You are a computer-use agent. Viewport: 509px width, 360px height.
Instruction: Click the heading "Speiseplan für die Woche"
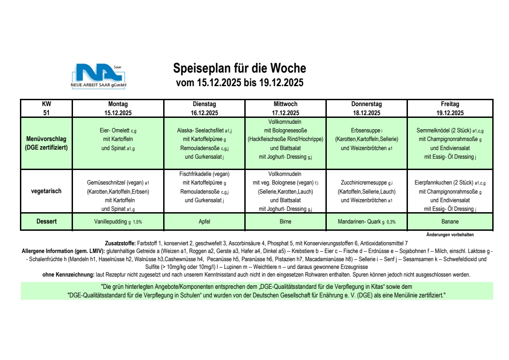click(240, 68)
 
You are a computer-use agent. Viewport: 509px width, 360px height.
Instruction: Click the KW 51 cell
click(47, 108)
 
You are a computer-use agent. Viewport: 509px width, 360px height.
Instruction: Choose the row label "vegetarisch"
click(47, 191)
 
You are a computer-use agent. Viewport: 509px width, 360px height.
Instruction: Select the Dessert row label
click(47, 222)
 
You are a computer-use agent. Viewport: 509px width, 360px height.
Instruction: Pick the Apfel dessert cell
click(200, 222)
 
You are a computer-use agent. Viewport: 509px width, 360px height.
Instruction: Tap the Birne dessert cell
click(285, 222)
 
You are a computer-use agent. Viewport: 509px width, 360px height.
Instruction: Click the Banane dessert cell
click(450, 222)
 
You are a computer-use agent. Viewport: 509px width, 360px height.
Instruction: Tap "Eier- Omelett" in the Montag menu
click(111, 131)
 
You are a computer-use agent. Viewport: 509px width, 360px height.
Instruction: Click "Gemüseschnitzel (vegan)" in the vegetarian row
click(115, 183)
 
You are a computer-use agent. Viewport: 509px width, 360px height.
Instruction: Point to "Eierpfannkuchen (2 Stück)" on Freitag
click(443, 183)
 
